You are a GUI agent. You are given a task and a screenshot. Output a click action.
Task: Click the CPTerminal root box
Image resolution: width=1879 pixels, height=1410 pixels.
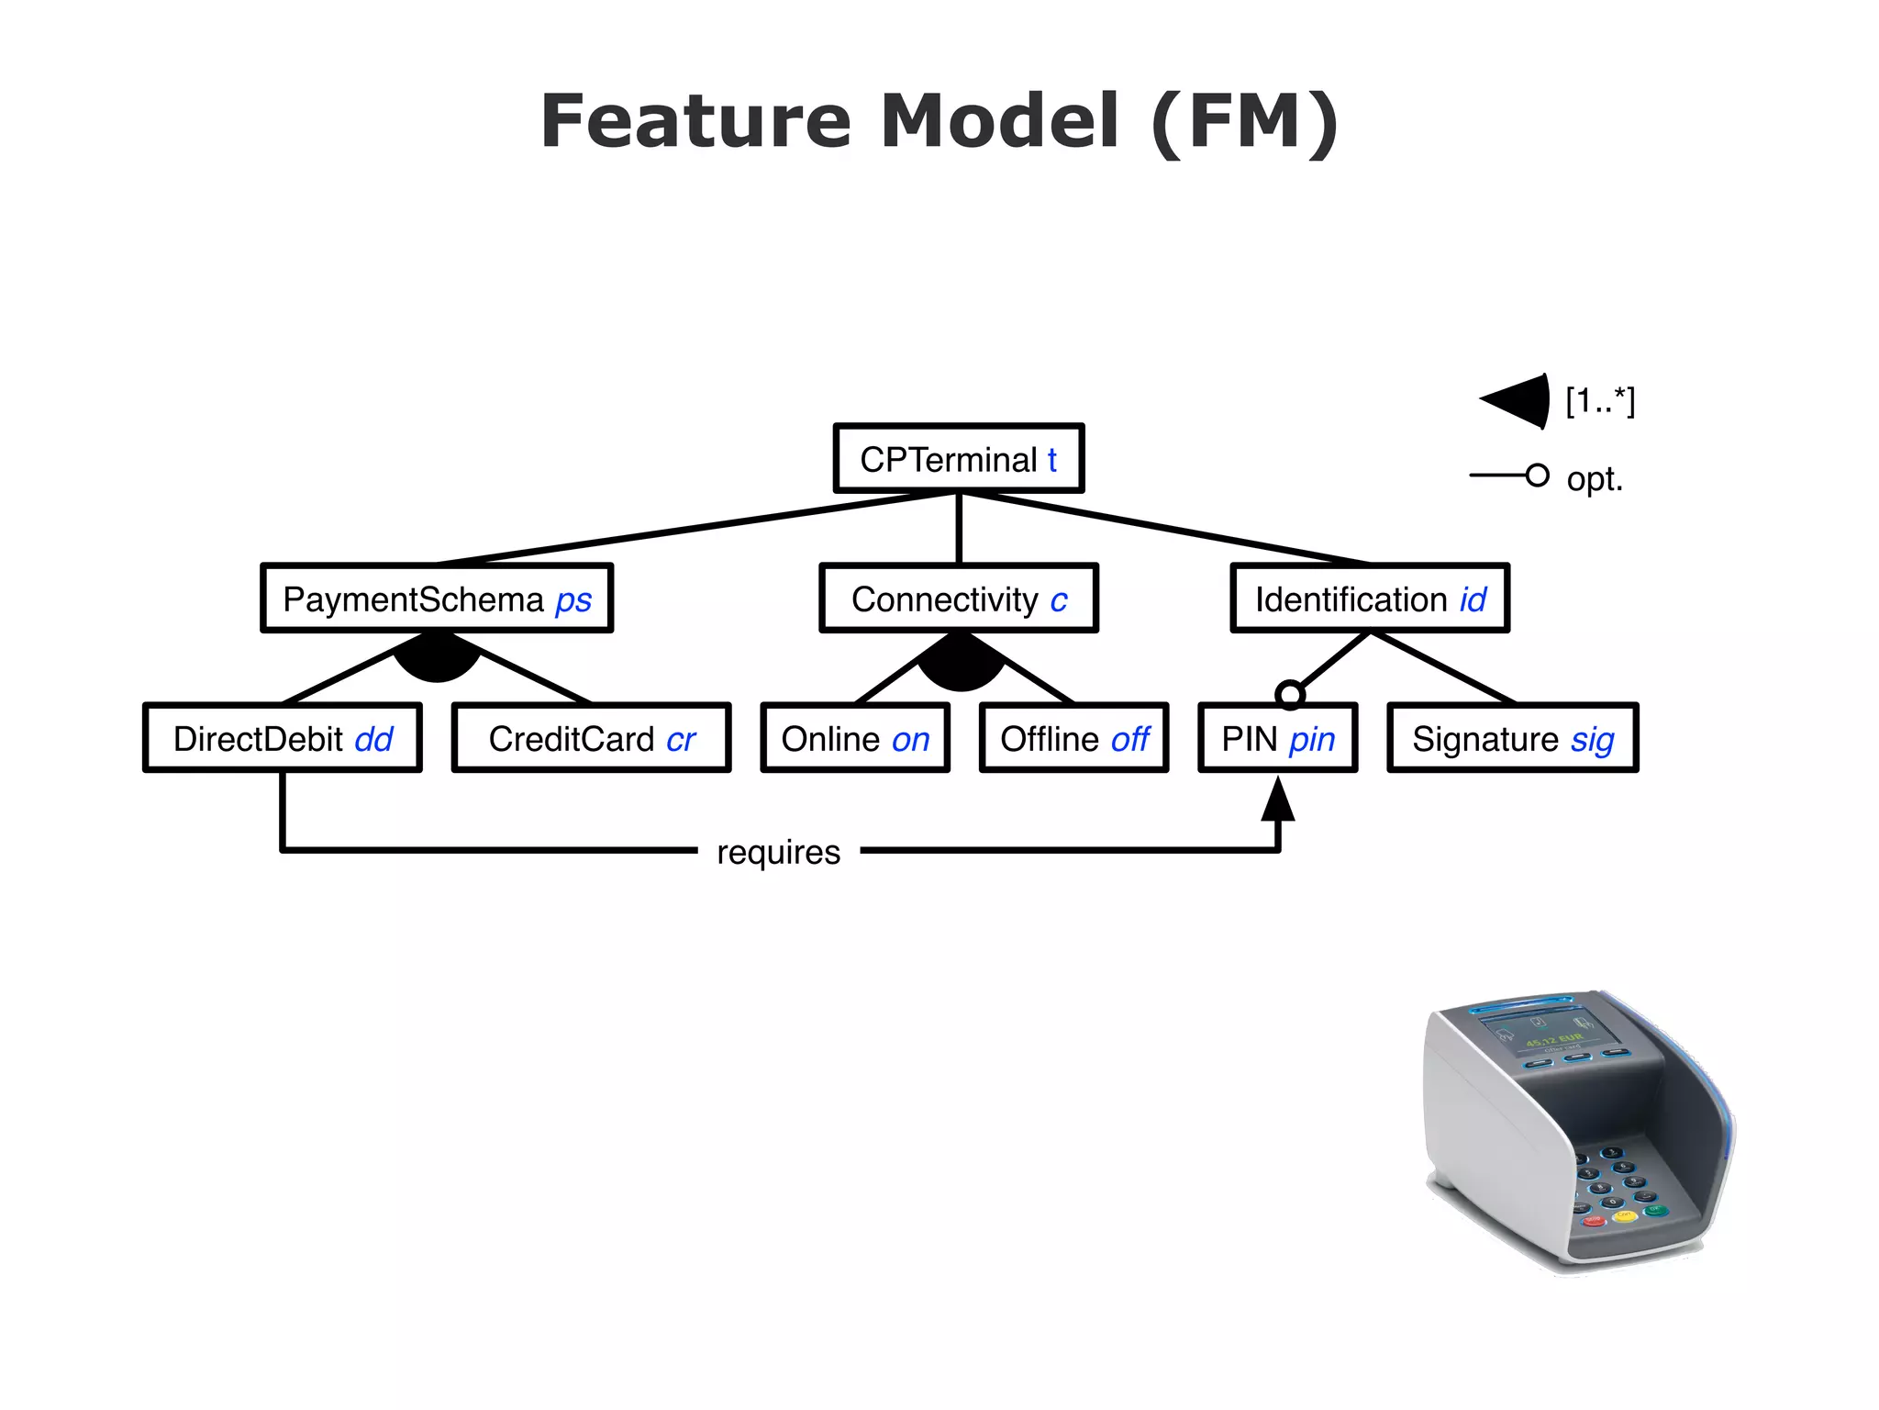tap(958, 458)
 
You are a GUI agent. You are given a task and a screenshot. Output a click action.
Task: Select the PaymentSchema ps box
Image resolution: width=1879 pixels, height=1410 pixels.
tap(437, 599)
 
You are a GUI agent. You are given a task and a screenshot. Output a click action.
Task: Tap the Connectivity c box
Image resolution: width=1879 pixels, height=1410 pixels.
tap(958, 599)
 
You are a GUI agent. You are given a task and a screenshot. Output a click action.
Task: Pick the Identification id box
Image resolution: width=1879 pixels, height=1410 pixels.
tap(1369, 599)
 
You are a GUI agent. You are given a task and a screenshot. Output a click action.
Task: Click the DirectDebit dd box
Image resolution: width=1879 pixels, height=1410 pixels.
tap(283, 738)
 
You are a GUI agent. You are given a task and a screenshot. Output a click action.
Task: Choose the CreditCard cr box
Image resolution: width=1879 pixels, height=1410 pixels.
tap(591, 738)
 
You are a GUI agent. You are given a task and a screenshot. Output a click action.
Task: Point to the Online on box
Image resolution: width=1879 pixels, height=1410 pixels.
tap(854, 738)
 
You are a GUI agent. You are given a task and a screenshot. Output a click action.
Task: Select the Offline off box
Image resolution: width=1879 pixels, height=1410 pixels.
tap(1073, 738)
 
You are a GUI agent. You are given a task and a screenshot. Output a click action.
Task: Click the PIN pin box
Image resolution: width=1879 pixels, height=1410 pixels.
tap(1277, 738)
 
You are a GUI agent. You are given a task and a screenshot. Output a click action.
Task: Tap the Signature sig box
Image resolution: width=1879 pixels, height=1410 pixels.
tap(1512, 738)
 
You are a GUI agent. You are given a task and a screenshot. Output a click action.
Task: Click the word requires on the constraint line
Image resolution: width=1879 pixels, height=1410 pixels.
tap(778, 852)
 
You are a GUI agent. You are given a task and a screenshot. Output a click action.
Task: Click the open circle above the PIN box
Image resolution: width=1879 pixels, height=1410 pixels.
tap(1290, 695)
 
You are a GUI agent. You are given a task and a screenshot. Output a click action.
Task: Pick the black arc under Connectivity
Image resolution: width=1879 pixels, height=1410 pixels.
tap(961, 666)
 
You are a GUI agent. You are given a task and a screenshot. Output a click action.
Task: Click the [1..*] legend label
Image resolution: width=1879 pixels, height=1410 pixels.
tap(1600, 401)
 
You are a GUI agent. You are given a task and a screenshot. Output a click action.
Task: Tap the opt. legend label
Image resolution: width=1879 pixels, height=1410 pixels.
tap(1595, 479)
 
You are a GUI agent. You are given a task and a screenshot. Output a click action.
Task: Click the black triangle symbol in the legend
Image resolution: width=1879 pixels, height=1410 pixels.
tap(1518, 401)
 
